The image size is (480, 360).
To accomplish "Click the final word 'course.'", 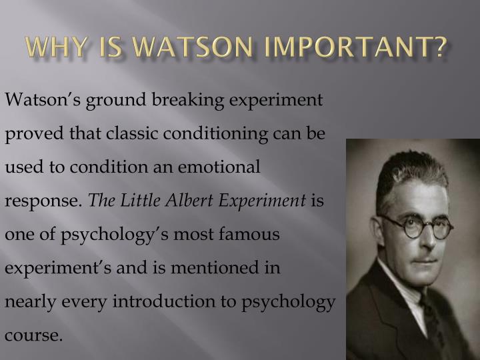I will pyautogui.click(x=33, y=335).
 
